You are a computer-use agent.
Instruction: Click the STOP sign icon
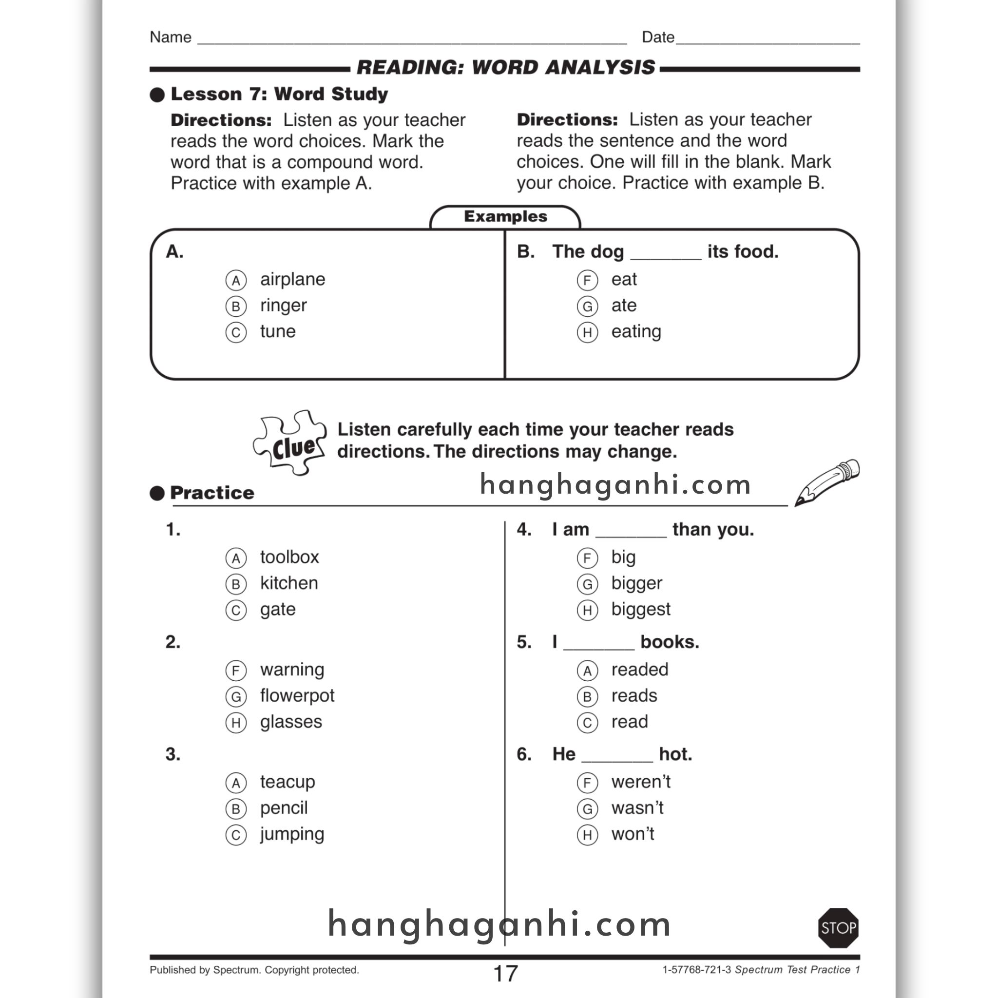(x=838, y=928)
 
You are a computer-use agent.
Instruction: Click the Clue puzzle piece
(x=291, y=442)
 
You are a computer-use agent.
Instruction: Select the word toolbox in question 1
(x=289, y=557)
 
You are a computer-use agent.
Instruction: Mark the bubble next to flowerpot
(x=236, y=696)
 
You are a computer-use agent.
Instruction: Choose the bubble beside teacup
(x=236, y=783)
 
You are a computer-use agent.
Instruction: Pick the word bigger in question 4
(x=636, y=583)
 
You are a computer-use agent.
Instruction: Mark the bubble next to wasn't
(x=587, y=808)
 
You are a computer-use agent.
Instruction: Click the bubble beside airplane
(x=236, y=280)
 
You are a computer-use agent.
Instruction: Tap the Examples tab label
(x=505, y=216)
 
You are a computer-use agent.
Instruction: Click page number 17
(x=505, y=973)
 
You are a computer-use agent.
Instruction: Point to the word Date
(x=657, y=37)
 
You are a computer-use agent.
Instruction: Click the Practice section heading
(x=212, y=493)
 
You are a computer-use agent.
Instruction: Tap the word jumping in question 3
(x=292, y=834)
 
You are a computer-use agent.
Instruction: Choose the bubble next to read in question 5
(x=587, y=722)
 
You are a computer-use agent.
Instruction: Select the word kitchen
(x=289, y=583)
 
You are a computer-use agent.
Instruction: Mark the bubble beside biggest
(x=587, y=610)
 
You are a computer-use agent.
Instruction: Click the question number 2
(x=173, y=642)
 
